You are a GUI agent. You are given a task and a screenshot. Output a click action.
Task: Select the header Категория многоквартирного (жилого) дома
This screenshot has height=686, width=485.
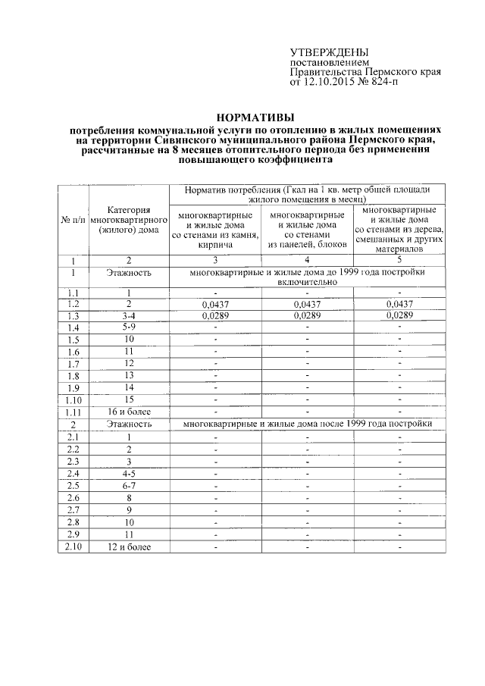coord(128,220)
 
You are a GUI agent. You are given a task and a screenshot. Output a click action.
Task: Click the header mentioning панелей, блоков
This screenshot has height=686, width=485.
coord(307,230)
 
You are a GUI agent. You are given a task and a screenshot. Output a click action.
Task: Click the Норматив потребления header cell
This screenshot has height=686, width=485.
coord(307,193)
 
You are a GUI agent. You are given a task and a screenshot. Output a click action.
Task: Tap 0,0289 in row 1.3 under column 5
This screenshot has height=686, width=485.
coord(399,315)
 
